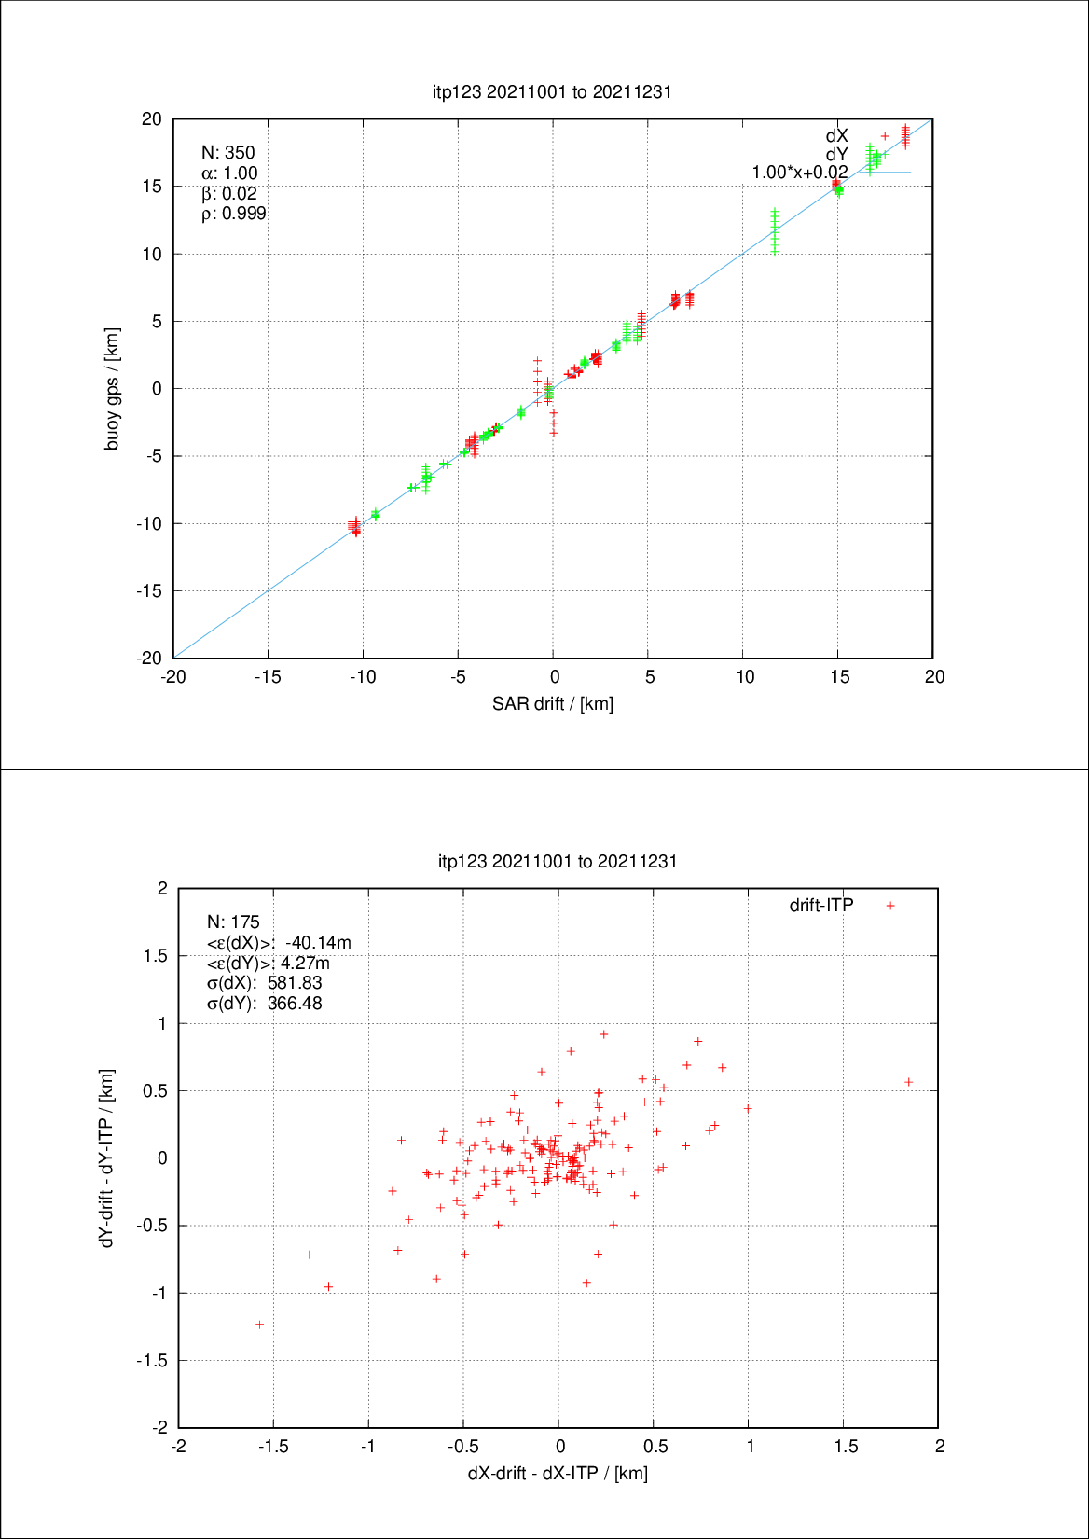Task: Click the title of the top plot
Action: point(552,91)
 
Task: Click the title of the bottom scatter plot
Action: point(558,861)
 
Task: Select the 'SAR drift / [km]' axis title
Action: point(553,703)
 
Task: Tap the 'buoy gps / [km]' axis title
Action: point(112,389)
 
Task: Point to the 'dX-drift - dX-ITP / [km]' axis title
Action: point(558,1473)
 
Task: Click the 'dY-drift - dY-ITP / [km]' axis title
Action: point(107,1158)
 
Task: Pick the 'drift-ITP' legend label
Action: point(821,905)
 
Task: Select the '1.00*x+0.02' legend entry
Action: point(800,173)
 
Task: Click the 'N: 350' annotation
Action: point(227,153)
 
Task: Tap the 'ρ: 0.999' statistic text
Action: point(233,214)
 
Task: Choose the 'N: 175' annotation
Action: point(233,922)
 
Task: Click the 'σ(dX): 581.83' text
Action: point(264,983)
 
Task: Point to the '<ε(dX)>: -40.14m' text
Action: point(279,943)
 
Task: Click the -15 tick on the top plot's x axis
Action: point(268,677)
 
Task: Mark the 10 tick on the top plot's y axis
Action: point(151,254)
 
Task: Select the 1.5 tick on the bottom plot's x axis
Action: point(844,1447)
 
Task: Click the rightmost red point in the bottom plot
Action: point(909,1082)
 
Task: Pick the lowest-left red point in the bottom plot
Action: point(260,1324)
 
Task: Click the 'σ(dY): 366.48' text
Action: point(264,1004)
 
